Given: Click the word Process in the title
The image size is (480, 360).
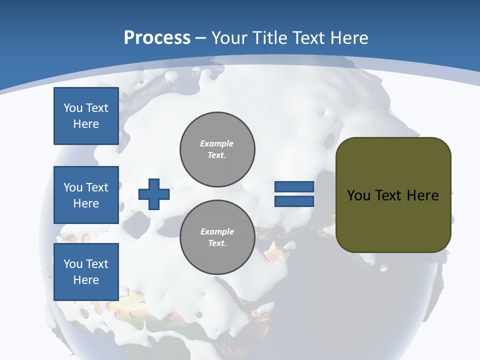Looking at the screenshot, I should [157, 38].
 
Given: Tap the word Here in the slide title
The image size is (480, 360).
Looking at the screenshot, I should [349, 38].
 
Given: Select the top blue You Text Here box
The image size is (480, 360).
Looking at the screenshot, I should [86, 116].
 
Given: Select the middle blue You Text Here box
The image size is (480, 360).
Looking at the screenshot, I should [86, 195].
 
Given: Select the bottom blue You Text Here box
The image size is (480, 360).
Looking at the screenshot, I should [86, 272].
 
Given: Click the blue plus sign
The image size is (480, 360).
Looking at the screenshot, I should [154, 194].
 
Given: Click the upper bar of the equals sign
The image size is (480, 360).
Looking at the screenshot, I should [294, 186].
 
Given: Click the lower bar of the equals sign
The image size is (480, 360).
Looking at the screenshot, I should [294, 201].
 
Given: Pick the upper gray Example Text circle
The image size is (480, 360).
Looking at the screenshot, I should [217, 149].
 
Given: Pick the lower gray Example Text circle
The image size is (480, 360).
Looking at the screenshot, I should [217, 237].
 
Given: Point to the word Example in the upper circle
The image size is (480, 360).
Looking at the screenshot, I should [217, 143].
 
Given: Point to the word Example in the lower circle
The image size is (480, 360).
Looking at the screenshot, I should [217, 231].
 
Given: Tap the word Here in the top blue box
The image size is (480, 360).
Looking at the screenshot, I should [86, 124].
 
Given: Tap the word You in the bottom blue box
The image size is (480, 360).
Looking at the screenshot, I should [73, 264].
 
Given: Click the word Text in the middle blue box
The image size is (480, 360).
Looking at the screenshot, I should [97, 187].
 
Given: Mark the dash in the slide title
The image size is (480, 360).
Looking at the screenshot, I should [201, 38].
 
